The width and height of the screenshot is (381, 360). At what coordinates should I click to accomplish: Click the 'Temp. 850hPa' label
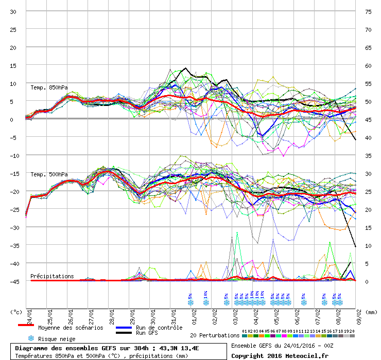tap(49, 87)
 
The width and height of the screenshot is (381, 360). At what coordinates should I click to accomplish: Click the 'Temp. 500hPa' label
tap(49, 174)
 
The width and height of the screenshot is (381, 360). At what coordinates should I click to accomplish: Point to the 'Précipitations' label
tap(52, 276)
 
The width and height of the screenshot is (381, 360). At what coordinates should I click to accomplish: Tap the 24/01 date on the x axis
tap(29, 314)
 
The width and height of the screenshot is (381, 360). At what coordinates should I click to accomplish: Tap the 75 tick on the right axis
tap(368, 11)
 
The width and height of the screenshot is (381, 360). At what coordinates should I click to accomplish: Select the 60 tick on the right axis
tap(368, 65)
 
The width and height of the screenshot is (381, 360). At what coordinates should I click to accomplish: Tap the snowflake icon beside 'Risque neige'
tap(31, 338)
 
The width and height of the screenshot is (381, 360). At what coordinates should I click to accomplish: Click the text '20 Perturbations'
tap(215, 335)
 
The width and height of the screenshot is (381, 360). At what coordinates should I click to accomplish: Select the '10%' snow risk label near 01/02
tap(205, 295)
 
